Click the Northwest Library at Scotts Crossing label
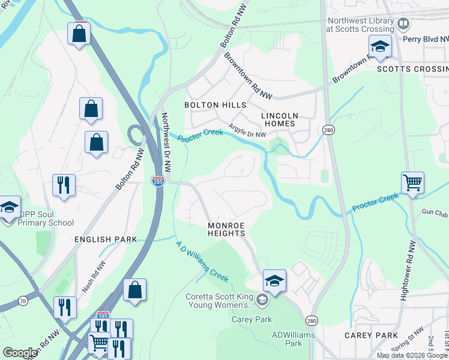point(360,24)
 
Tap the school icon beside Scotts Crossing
point(380,46)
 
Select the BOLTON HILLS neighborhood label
point(215,104)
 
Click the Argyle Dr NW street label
point(247,131)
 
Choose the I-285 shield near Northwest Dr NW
point(158,181)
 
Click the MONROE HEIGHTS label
point(226,229)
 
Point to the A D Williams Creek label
point(201,262)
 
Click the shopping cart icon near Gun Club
point(412,182)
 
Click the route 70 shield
point(23,300)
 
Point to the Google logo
point(19,353)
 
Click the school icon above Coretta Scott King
point(274,281)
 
